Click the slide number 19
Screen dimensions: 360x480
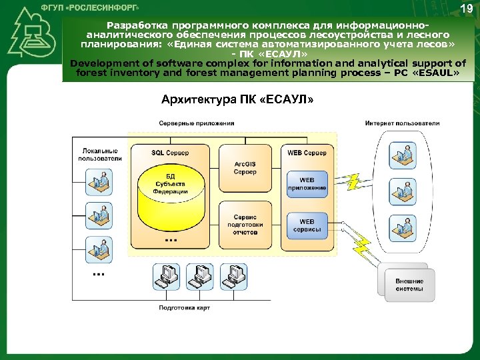tap(466, 9)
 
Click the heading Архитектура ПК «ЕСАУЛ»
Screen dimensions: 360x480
tap(237, 100)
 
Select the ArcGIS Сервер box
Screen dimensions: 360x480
tap(245, 167)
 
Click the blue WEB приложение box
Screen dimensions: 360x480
tap(307, 184)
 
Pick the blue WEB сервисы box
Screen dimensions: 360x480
tap(307, 225)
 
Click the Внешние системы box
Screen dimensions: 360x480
tap(409, 285)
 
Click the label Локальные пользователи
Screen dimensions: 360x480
tap(100, 155)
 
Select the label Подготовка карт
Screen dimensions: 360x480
tap(184, 307)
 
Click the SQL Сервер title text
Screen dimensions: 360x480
tap(170, 153)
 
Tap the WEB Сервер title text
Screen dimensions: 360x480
tap(307, 153)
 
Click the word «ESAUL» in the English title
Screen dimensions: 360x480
tap(436, 73)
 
